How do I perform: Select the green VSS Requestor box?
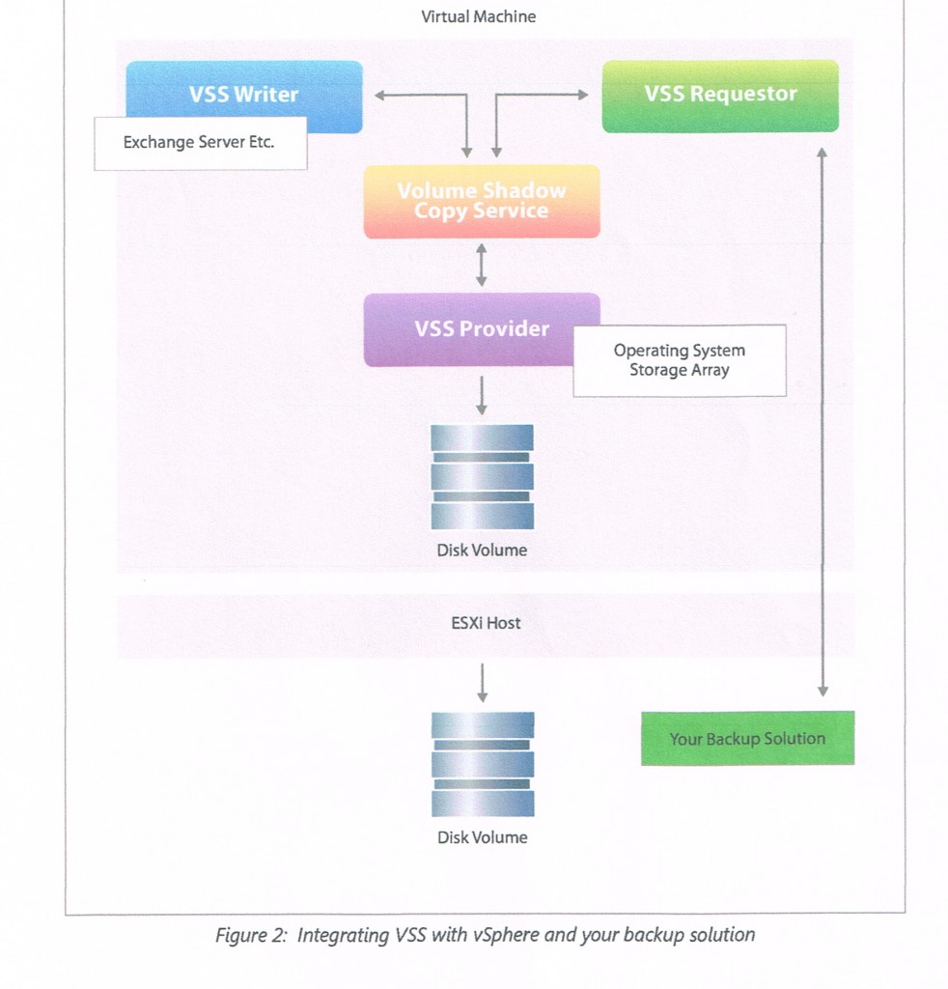(720, 95)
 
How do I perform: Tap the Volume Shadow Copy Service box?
(481, 201)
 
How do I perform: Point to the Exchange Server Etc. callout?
(200, 143)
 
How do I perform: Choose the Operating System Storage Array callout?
(680, 360)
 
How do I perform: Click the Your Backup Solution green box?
(747, 739)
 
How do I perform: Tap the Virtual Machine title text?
(479, 16)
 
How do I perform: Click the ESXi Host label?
(486, 623)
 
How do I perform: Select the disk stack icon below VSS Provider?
(482, 476)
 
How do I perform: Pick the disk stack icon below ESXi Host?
(482, 764)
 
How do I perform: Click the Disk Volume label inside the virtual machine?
(482, 551)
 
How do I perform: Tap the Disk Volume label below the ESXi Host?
(482, 837)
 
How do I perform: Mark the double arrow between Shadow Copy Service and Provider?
(482, 265)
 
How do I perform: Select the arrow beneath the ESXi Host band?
(482, 682)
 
